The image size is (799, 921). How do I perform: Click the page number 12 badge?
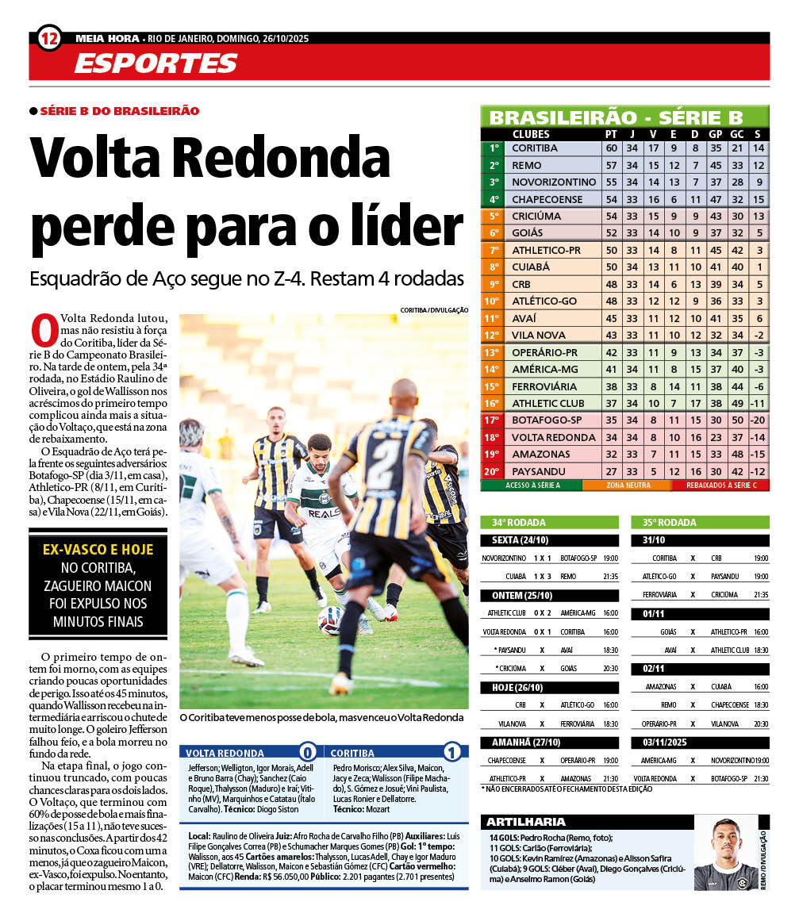(49, 37)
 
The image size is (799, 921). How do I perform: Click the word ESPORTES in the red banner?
(156, 63)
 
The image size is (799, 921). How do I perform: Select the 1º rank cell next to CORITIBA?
(494, 148)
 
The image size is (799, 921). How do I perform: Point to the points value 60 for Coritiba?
(611, 148)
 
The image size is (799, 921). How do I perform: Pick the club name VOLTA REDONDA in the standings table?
(553, 437)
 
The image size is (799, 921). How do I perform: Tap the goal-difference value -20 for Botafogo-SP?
(757, 420)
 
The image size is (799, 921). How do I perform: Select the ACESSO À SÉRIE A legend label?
(532, 485)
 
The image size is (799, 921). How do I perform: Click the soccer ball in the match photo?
(330, 620)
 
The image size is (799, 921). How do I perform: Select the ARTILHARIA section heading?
(526, 822)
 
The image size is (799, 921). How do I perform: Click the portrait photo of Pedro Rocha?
(725, 854)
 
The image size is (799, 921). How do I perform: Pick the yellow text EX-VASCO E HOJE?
(98, 549)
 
